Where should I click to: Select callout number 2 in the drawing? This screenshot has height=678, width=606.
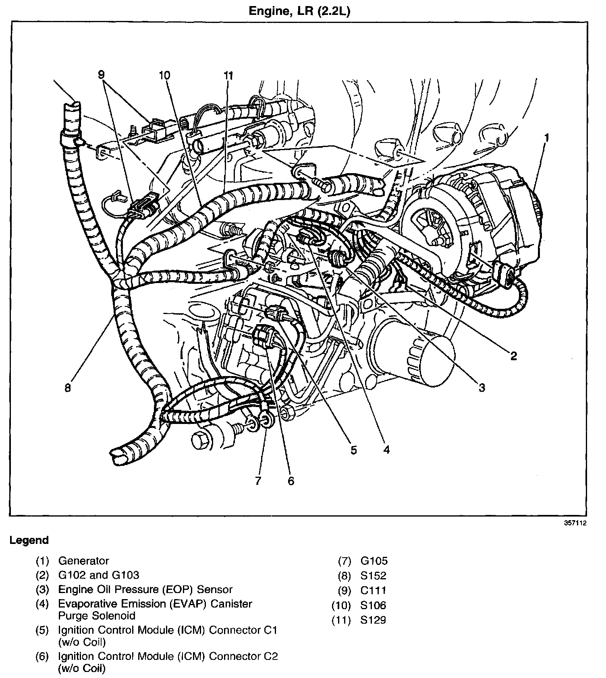coord(513,356)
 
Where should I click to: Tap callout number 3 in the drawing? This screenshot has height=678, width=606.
coord(482,388)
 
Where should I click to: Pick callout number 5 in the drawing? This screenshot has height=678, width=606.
coord(353,450)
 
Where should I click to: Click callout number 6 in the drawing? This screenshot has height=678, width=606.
coord(291,480)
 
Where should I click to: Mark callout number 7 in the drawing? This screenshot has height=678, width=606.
coord(258,480)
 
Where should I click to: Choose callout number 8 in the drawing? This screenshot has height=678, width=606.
coord(67,388)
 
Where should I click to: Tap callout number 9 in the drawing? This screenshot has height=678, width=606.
coord(101,74)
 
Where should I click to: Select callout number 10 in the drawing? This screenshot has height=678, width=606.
coord(164,75)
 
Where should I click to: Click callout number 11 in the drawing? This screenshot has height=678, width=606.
coord(228,75)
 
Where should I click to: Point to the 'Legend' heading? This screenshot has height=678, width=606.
coord(29,540)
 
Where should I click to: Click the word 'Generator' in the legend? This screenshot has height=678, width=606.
coord(83,561)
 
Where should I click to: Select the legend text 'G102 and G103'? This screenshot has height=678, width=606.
coord(99,575)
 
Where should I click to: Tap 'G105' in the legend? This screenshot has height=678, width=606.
coord(374,561)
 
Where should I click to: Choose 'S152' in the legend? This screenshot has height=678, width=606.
coord(373,576)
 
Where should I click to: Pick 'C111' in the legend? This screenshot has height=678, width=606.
coord(373,590)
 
